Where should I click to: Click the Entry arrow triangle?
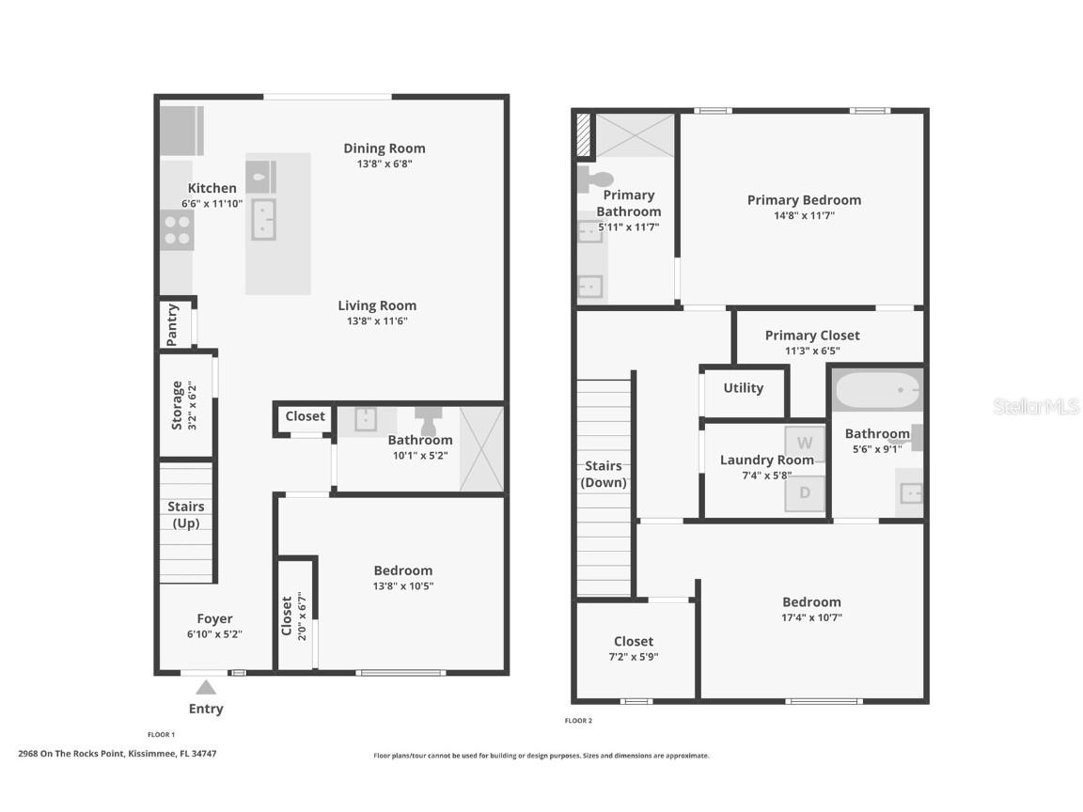coord(206,687)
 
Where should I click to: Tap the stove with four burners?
coord(176,230)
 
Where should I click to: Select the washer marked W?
coord(805,443)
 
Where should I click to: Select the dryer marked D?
coord(805,493)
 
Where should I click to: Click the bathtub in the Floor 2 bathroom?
coord(877,390)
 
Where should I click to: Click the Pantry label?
coord(173,324)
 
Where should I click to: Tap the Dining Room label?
coord(384,148)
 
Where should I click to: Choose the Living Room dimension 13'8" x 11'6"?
coord(377,321)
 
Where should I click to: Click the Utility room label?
coord(743,388)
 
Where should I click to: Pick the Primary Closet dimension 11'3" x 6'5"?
coord(812,351)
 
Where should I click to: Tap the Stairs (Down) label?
coord(604,474)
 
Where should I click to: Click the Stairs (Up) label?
coord(186,515)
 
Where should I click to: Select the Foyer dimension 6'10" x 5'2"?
coord(214,634)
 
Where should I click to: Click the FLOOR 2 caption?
coord(578,721)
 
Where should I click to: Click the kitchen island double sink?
coord(263,220)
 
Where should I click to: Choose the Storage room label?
coord(177,405)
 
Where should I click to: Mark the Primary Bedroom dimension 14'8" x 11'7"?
coord(804,215)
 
